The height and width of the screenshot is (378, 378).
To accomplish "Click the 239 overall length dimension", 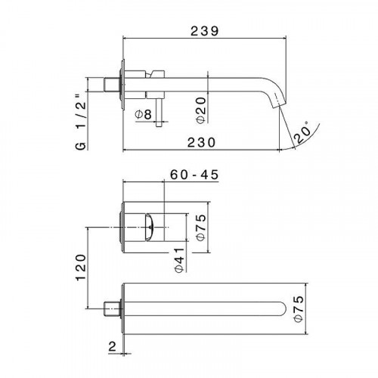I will [x=203, y=31].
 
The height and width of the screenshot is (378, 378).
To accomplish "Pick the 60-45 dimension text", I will [x=194, y=175].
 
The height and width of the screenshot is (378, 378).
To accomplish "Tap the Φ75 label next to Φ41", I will [x=200, y=226].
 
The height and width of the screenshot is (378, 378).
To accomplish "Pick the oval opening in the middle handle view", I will [x=150, y=224].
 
